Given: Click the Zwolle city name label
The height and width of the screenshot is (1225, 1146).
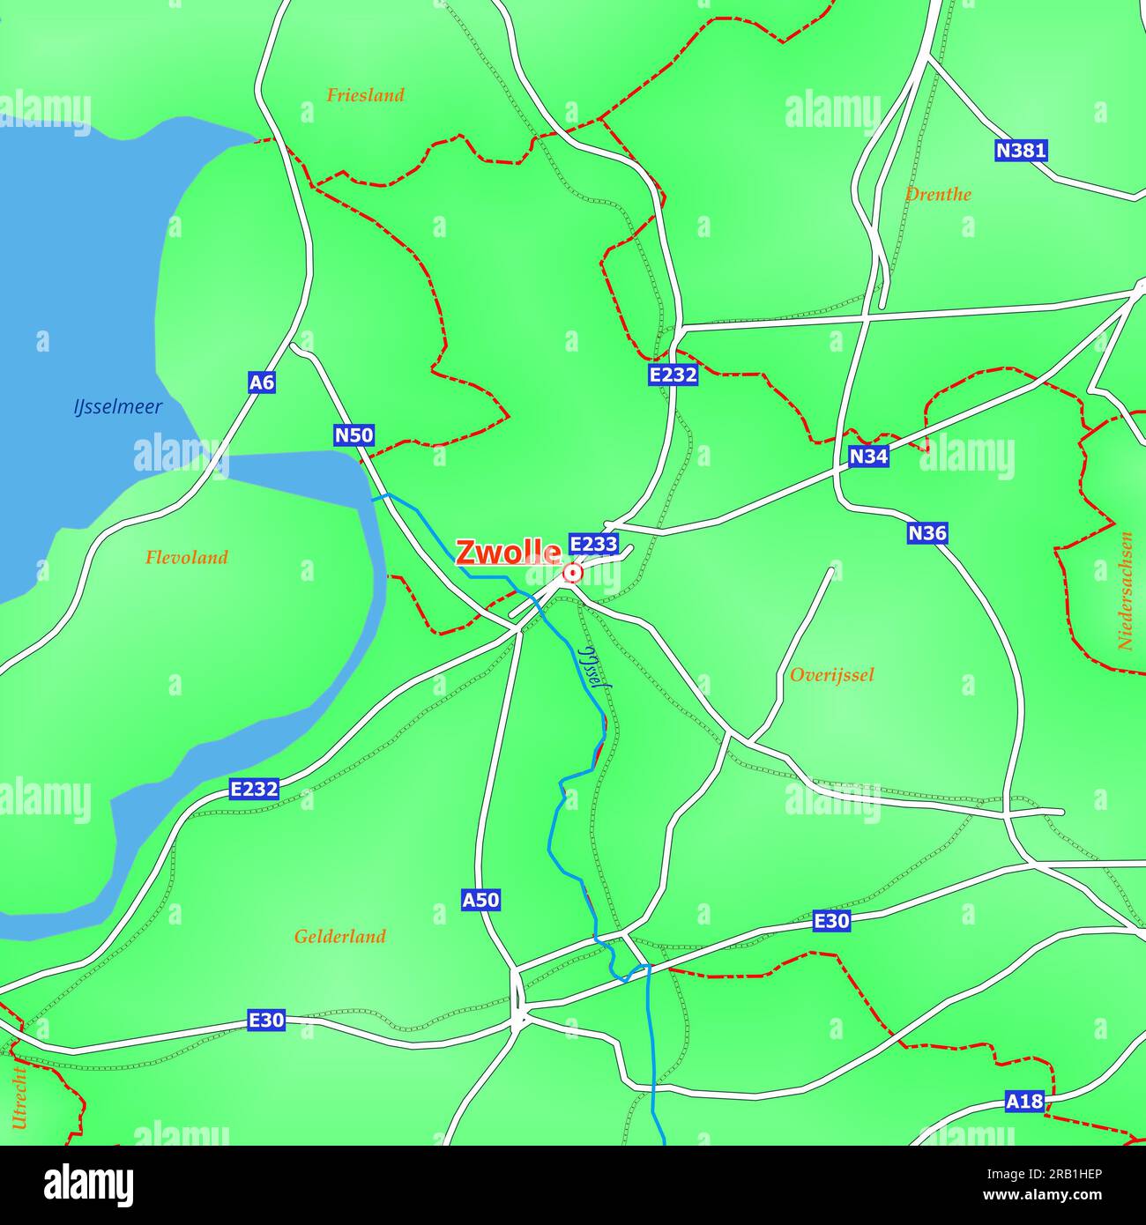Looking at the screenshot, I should click(509, 553).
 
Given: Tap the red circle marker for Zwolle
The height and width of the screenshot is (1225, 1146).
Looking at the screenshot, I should click(573, 574).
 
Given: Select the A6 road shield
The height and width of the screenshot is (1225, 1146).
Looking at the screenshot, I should click(262, 382).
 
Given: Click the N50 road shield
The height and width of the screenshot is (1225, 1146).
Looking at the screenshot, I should click(354, 434).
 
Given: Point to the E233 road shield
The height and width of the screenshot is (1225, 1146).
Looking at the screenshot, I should click(593, 544).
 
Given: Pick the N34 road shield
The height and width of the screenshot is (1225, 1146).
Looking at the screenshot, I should click(868, 457).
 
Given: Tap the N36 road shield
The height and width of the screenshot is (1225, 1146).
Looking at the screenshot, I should click(927, 533).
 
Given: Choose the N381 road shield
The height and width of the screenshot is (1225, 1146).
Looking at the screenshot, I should click(1021, 151).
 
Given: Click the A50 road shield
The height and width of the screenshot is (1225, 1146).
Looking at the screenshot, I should click(481, 900).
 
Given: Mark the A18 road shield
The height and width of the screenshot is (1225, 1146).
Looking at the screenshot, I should click(1024, 1101).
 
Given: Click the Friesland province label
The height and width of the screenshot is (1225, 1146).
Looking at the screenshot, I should click(365, 95).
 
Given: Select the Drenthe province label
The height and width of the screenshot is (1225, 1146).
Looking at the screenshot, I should click(938, 195).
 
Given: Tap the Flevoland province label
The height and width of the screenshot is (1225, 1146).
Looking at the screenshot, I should click(187, 557).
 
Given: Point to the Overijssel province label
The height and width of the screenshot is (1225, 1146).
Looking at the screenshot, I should click(831, 675).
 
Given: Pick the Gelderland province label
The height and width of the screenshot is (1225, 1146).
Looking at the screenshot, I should click(339, 937).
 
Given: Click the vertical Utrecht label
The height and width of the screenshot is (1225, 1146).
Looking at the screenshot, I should click(19, 1096).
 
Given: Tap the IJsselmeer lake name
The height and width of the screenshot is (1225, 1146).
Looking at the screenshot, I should click(117, 407).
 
